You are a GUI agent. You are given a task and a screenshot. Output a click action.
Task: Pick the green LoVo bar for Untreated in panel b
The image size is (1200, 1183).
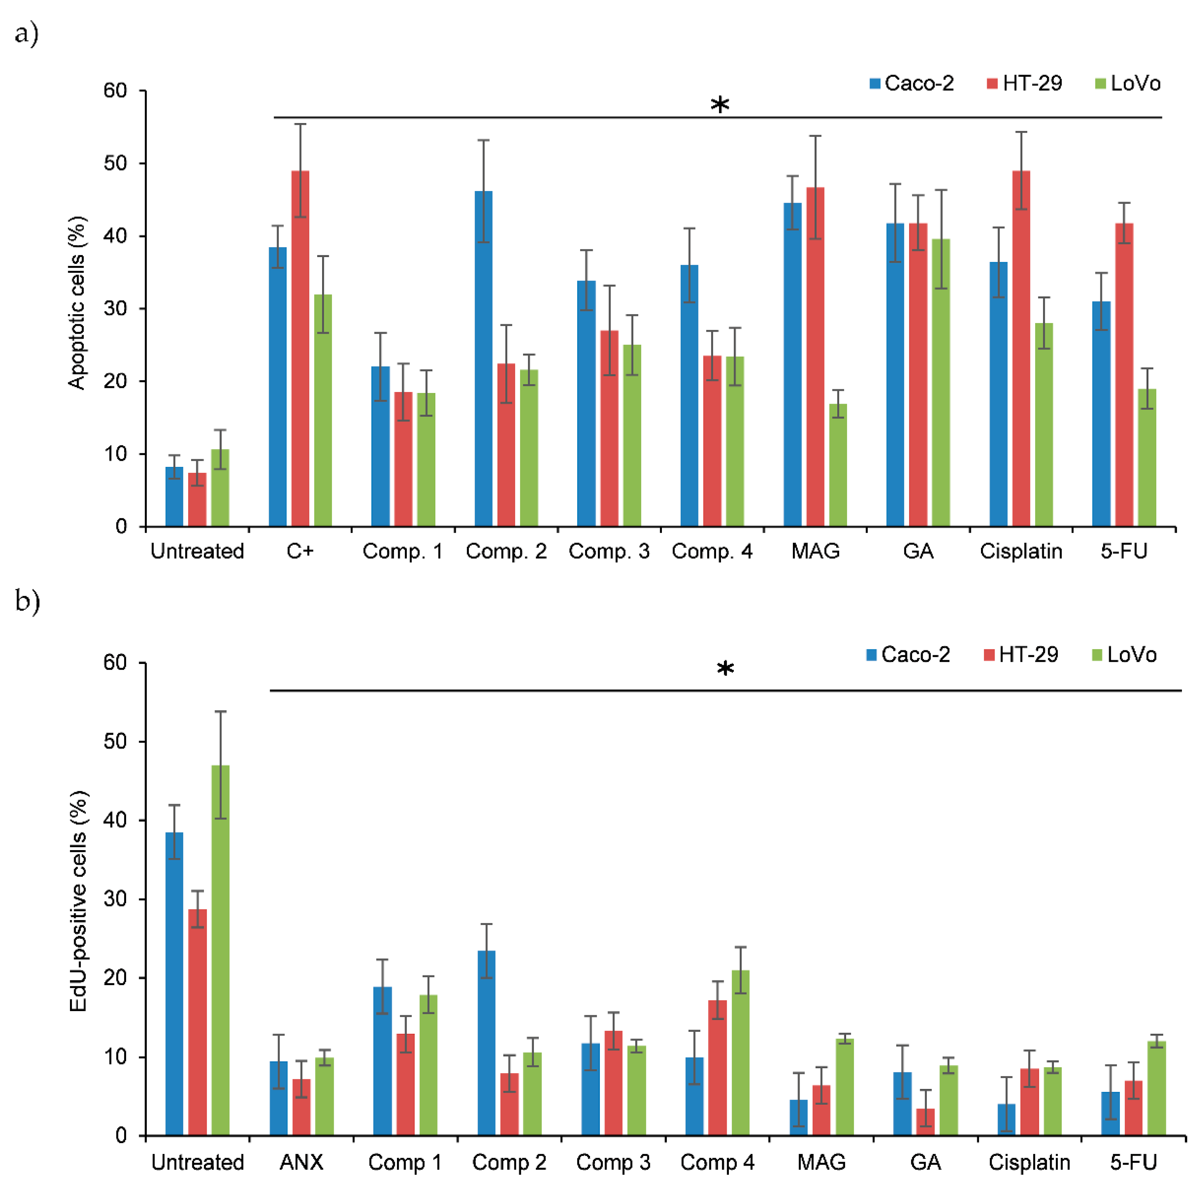(221, 950)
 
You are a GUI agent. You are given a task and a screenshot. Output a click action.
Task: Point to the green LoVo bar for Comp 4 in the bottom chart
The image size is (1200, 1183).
(741, 1052)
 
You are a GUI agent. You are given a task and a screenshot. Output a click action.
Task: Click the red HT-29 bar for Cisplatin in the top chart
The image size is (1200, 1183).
(1021, 348)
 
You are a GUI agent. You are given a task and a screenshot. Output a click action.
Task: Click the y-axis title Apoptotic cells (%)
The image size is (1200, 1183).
(77, 303)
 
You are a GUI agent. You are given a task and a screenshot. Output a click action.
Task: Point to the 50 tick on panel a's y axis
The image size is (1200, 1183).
(116, 163)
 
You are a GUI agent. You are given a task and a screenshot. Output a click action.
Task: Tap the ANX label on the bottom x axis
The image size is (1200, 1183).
(301, 1162)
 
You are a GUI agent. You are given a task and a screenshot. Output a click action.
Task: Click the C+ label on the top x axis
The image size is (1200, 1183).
(300, 551)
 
